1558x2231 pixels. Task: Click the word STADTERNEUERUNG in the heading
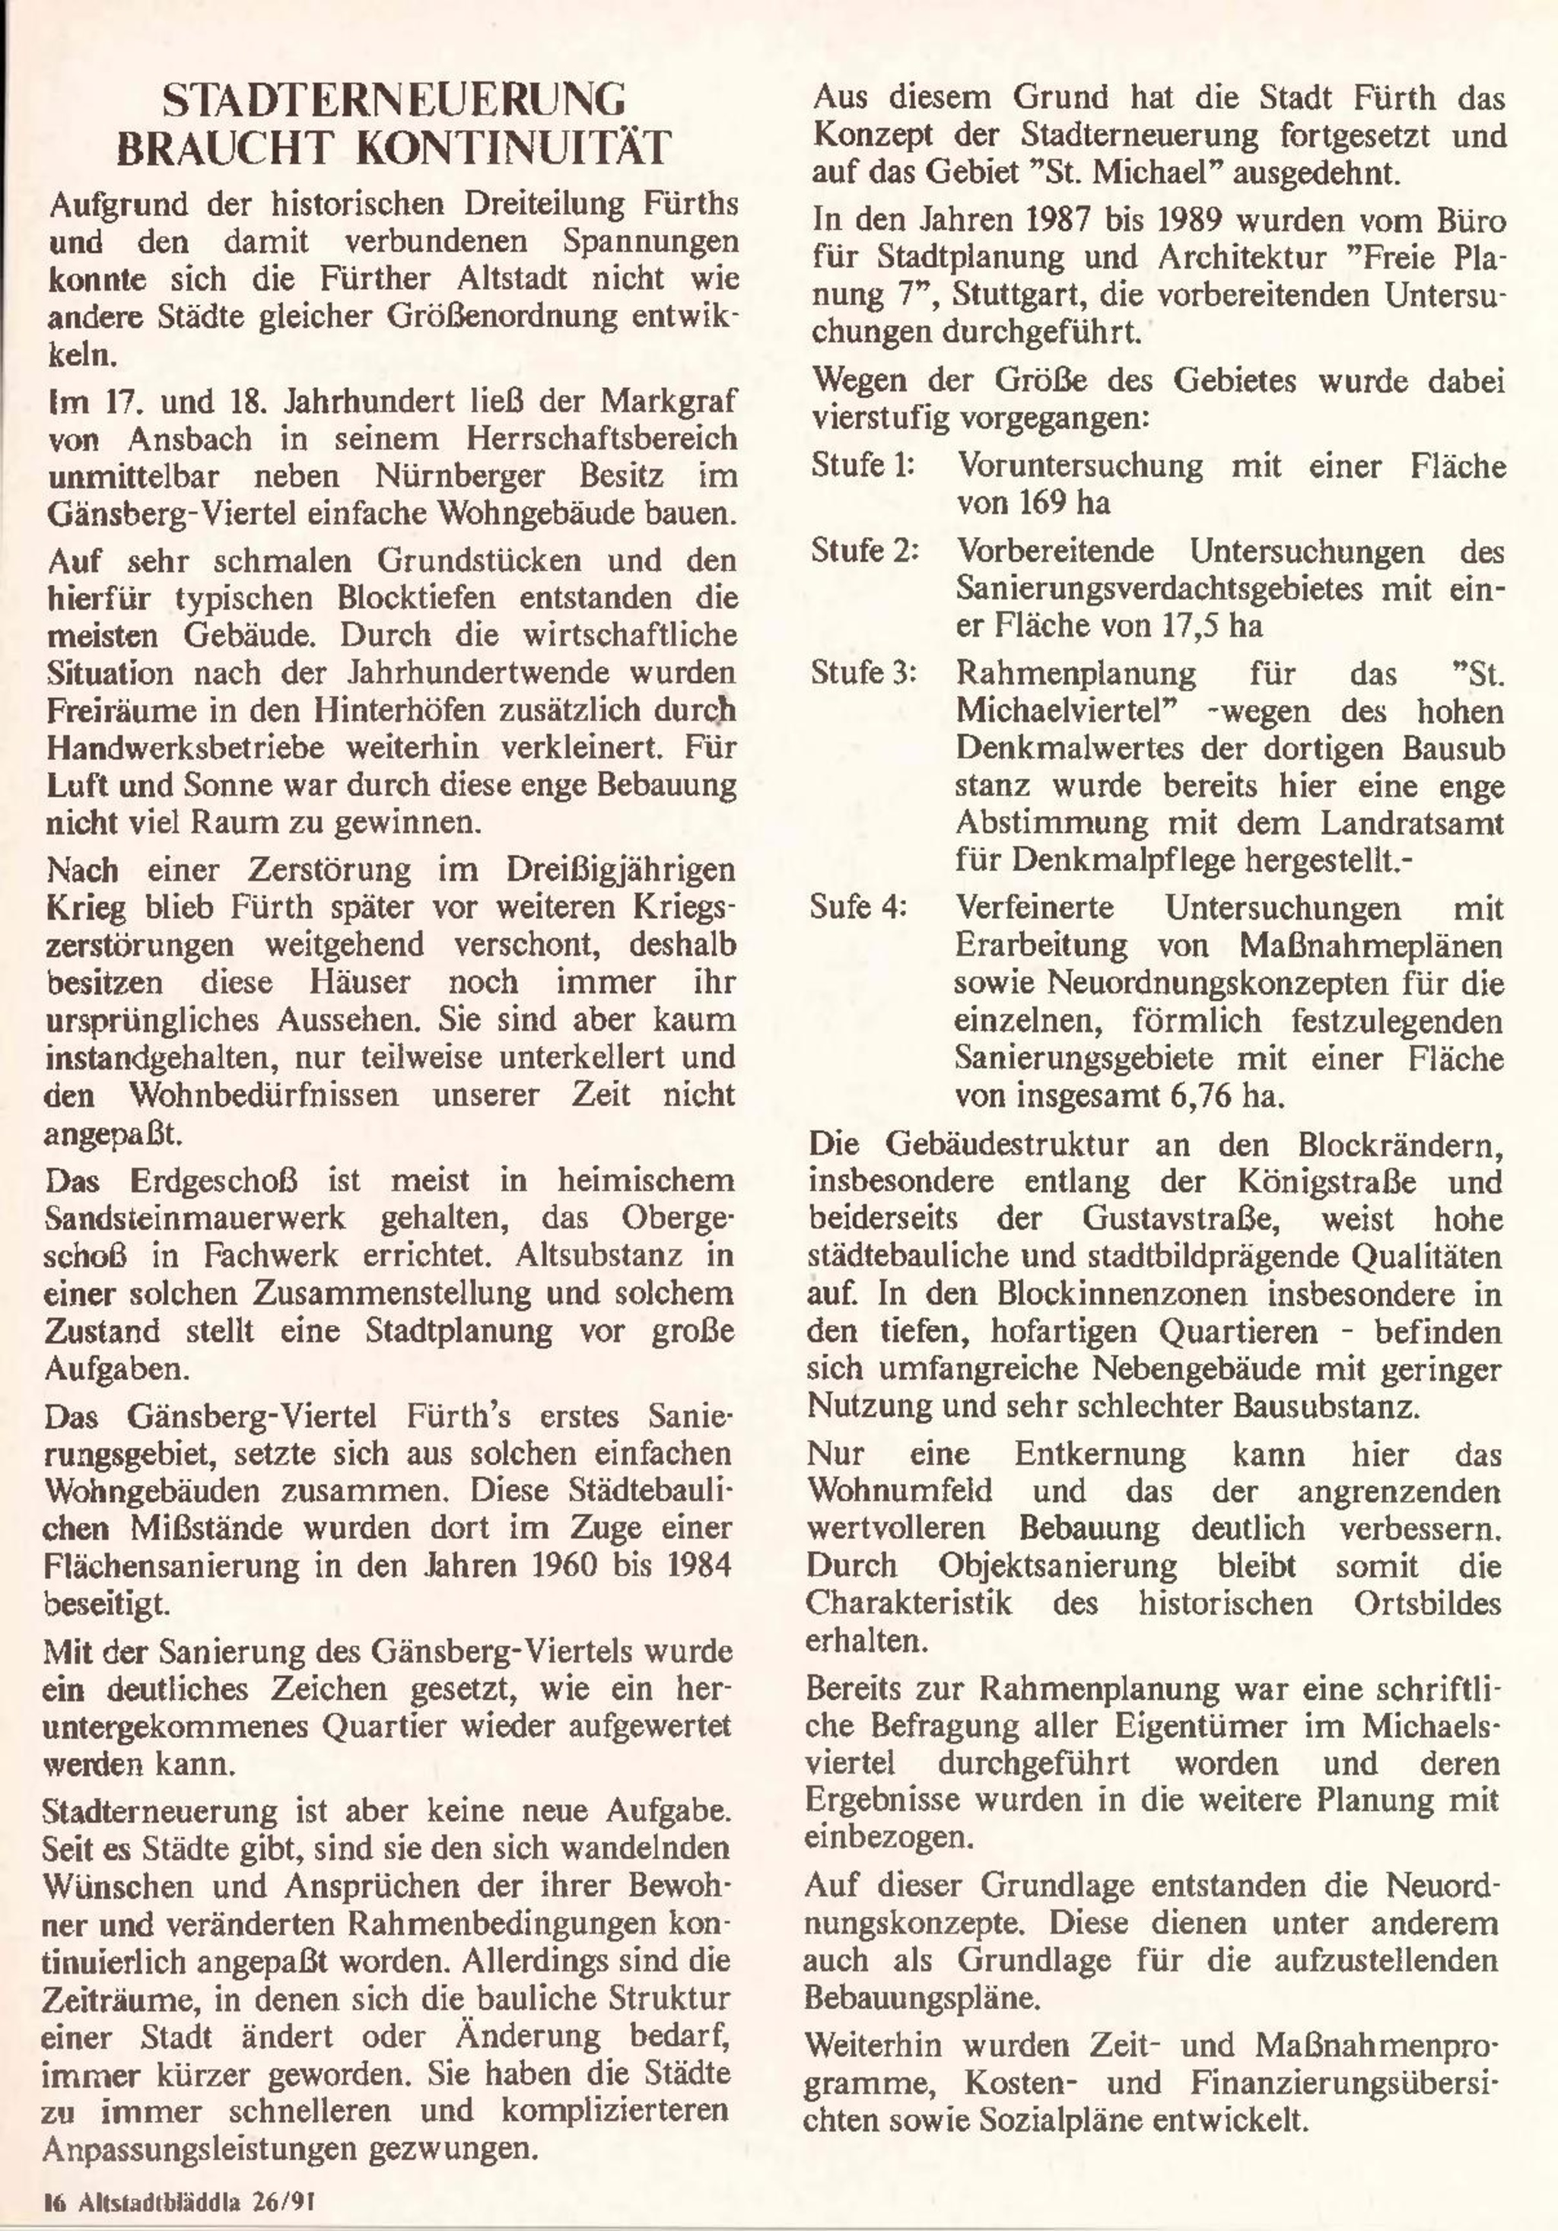pos(393,101)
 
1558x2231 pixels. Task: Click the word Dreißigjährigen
pos(620,869)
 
